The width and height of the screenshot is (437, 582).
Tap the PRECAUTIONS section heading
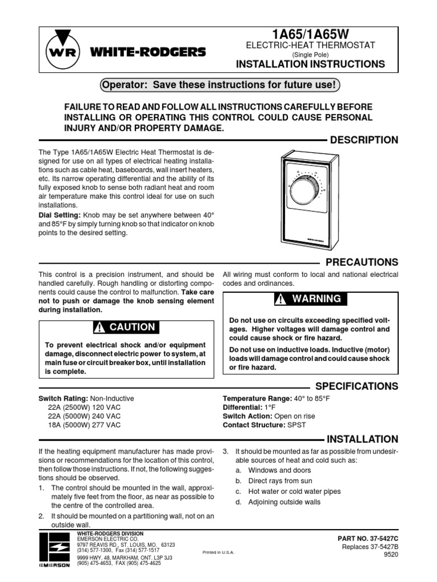[361, 262]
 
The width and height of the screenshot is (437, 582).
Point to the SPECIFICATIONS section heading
[356, 386]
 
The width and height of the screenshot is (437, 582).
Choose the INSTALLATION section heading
[361, 439]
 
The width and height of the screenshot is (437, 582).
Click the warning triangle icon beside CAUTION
[101, 327]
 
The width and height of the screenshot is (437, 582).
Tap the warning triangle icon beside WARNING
[281, 299]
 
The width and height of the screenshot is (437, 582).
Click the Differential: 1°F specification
[250, 408]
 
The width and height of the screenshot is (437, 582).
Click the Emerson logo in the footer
[55, 550]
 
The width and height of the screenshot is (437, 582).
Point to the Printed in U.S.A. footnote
[218, 552]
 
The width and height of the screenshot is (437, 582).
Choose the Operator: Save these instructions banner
[219, 86]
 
